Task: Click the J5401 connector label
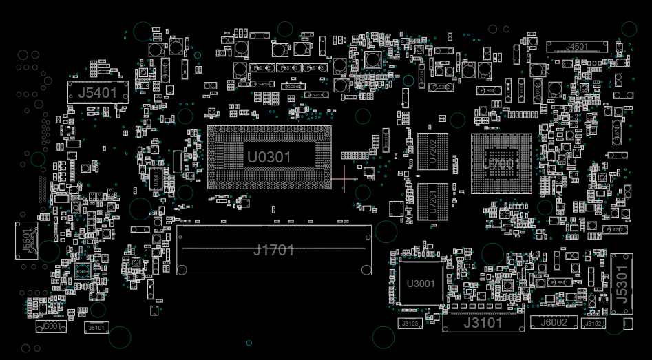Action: coord(98,92)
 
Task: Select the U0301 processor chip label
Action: coord(269,158)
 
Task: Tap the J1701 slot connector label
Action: coord(274,250)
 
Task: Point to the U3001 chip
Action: coord(421,284)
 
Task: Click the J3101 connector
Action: coord(483,322)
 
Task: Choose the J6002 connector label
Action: coord(554,323)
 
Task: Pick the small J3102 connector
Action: coord(593,324)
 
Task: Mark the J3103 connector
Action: coord(409,324)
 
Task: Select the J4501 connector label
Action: coord(577,47)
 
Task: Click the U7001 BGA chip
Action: coord(501,164)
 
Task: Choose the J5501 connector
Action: coord(27,240)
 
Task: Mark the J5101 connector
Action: coord(96,328)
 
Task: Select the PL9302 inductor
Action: coord(441,87)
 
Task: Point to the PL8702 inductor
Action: coord(613,229)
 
